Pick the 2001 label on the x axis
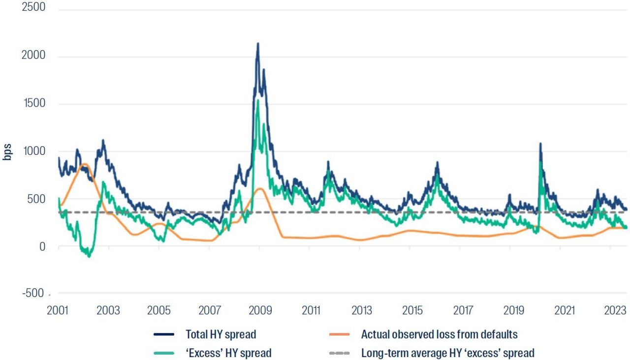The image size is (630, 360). (x=58, y=311)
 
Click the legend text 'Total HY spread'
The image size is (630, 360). (x=221, y=335)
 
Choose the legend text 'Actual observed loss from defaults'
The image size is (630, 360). (x=439, y=335)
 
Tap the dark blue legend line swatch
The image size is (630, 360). (x=164, y=335)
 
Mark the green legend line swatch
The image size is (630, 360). (x=164, y=353)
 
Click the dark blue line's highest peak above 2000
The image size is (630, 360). (x=257, y=44)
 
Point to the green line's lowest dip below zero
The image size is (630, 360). (x=89, y=256)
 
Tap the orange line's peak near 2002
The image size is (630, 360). (x=85, y=164)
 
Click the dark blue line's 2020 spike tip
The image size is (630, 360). (x=540, y=144)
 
